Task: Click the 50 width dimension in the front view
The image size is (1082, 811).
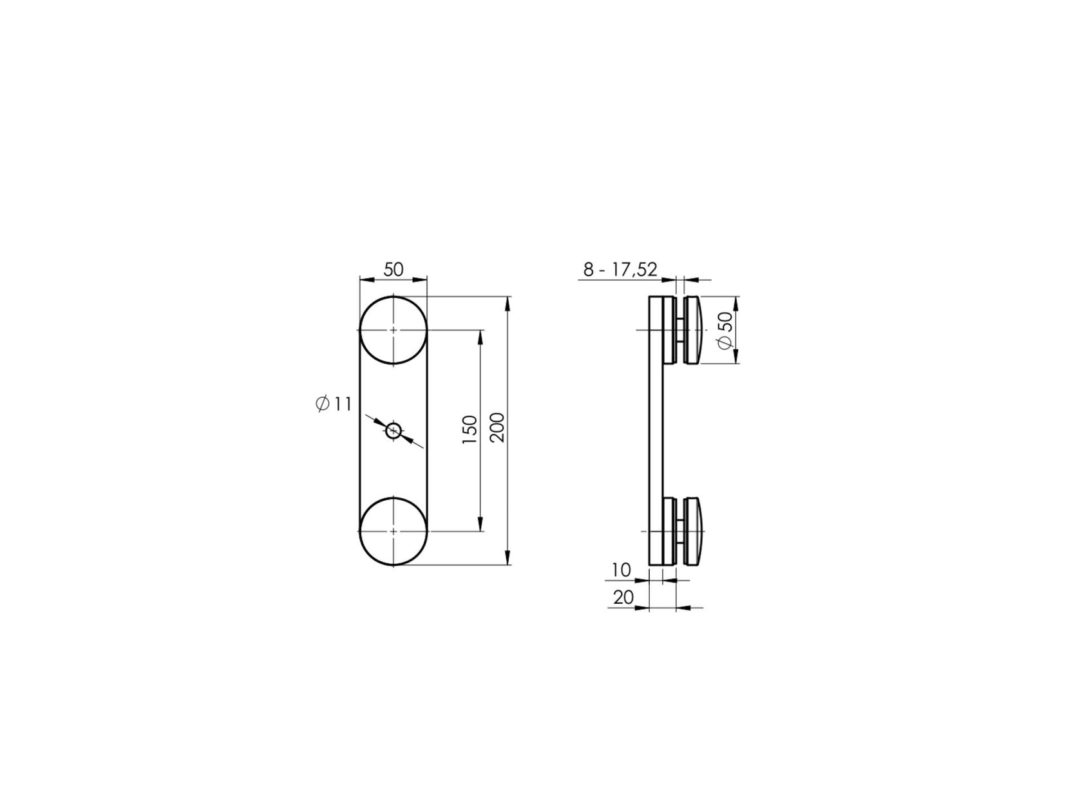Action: (x=393, y=270)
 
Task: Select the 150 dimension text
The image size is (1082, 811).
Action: (x=470, y=430)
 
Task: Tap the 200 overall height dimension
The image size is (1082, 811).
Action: (x=498, y=427)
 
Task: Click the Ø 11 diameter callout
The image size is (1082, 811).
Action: (x=334, y=404)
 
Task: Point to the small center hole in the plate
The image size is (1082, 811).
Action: (x=393, y=431)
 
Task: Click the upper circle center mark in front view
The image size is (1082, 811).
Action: (x=393, y=330)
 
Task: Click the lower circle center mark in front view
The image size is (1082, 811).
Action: (x=393, y=532)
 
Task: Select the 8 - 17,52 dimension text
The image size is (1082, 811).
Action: (x=620, y=270)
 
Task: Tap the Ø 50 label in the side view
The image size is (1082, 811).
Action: (x=725, y=330)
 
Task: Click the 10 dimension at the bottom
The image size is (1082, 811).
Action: (x=621, y=570)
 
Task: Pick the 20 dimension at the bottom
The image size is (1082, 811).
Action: (x=623, y=598)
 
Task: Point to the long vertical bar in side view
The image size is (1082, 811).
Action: (x=656, y=431)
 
